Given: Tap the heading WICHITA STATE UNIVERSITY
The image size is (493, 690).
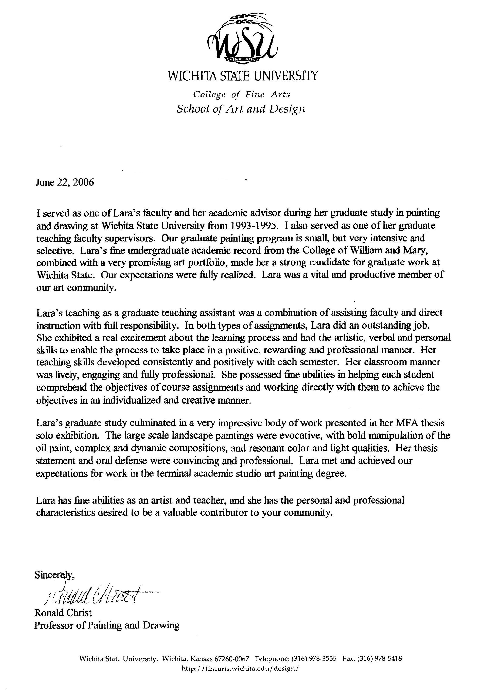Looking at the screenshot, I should coord(243,76).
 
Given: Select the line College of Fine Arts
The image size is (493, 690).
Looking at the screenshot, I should coord(242,95).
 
